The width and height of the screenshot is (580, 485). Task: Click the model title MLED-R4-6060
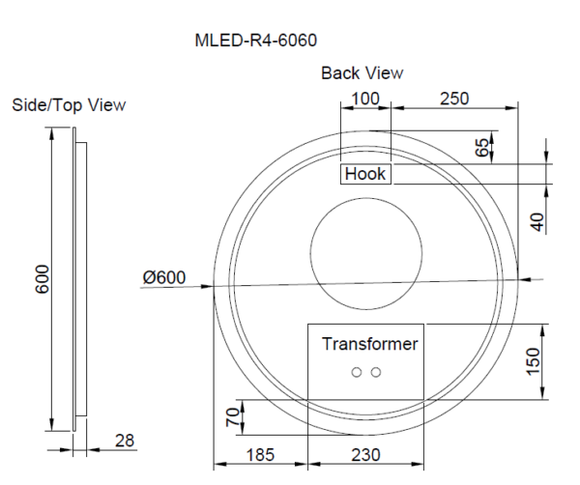pyautogui.click(x=256, y=41)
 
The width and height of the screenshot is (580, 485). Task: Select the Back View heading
pyautogui.click(x=362, y=73)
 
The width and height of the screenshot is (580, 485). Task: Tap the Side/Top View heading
pyautogui.click(x=68, y=104)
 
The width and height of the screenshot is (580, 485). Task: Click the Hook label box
pyautogui.click(x=365, y=174)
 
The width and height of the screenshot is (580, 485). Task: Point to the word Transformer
pyautogui.click(x=370, y=344)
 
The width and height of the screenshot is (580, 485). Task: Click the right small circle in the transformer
pyautogui.click(x=376, y=372)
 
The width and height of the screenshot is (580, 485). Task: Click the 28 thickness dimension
pyautogui.click(x=124, y=441)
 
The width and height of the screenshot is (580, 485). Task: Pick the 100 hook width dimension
pyautogui.click(x=365, y=99)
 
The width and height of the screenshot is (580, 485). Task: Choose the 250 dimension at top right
pyautogui.click(x=454, y=99)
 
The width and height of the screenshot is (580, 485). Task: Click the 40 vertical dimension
pyautogui.click(x=538, y=220)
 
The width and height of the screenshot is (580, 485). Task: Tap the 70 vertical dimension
pyautogui.click(x=232, y=418)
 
